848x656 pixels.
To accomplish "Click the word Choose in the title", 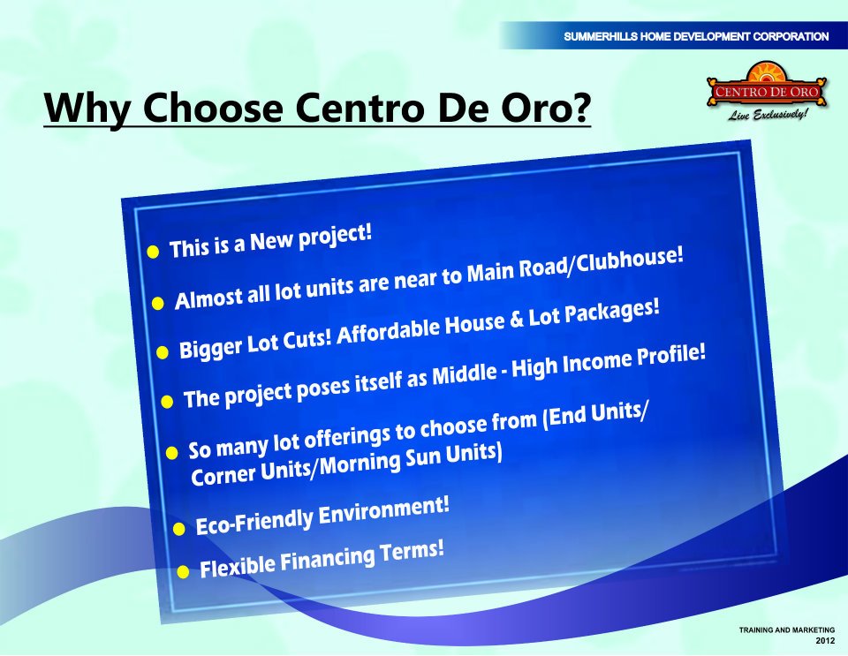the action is (x=213, y=107).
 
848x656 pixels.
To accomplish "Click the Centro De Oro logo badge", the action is (x=767, y=86).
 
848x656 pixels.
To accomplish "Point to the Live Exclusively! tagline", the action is (x=768, y=114).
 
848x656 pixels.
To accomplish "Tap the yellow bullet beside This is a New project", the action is (x=153, y=252).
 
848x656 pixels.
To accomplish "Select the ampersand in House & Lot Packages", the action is (x=517, y=320).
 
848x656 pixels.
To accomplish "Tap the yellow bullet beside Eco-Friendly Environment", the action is (x=179, y=529).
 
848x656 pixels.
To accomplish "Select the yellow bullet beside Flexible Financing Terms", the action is (x=183, y=572).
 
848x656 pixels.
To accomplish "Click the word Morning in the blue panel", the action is (x=360, y=464).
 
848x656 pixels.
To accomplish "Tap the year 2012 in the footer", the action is (x=825, y=641).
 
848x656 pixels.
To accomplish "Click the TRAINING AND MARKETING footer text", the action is (x=787, y=630).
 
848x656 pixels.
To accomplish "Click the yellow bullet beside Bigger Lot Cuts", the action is (x=163, y=353).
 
